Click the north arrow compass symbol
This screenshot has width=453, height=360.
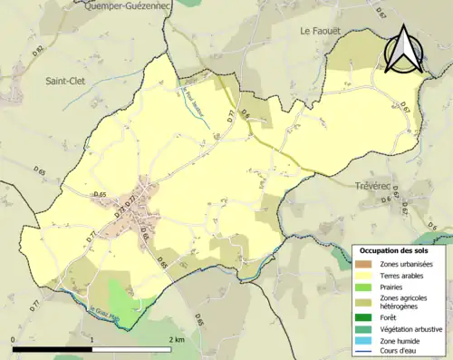404,52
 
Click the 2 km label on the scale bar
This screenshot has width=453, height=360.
176,338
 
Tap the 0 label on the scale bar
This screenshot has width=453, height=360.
14,338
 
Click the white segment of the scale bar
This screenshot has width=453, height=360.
131,349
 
